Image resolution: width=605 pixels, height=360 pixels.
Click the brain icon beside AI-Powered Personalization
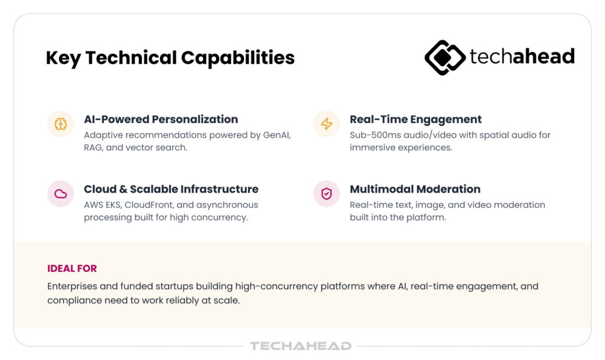point(61,124)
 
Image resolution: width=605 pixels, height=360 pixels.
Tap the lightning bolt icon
point(326,124)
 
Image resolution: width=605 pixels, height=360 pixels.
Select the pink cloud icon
point(61,194)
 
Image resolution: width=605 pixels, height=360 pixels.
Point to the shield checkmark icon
point(326,194)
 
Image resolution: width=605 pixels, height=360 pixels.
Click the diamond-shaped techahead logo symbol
point(445,57)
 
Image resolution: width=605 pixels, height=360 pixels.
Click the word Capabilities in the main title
point(238,58)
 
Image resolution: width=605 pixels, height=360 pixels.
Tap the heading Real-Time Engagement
point(415,119)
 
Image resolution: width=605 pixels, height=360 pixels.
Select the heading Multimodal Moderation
point(415,189)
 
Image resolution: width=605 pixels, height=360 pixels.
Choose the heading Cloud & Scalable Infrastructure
point(171,189)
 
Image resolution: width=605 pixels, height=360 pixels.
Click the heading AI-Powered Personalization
point(161,119)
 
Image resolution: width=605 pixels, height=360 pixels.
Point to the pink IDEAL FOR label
point(72,268)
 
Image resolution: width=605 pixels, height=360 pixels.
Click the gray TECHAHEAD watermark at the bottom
point(301,346)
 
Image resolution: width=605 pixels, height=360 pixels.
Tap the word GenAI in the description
point(277,135)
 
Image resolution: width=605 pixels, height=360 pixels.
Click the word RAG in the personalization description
point(93,147)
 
